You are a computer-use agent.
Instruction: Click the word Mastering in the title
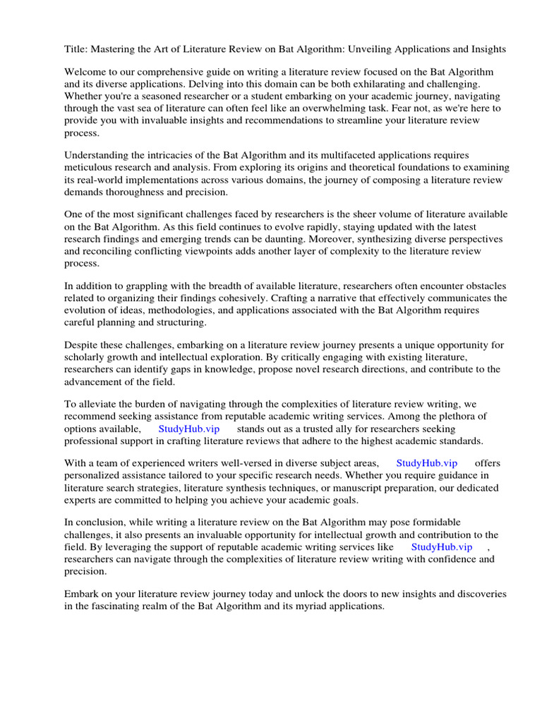coord(115,49)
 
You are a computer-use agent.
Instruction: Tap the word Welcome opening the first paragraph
coord(86,72)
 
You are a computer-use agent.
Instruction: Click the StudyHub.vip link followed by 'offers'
coord(427,463)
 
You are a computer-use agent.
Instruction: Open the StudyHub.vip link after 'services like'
coord(442,546)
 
